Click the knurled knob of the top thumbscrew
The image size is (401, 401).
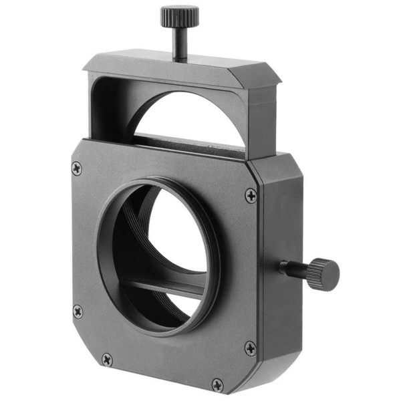179,14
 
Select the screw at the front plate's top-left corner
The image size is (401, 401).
77,168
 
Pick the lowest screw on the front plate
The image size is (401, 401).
217,384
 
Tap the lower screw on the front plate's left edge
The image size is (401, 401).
78,311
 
